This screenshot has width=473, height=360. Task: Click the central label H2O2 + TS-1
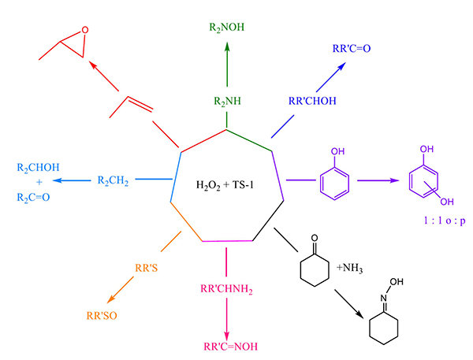tap(225, 185)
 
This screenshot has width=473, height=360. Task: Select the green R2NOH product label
tap(227, 28)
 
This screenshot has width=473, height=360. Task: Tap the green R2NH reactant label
tap(228, 102)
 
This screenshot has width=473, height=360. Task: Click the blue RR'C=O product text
tap(352, 49)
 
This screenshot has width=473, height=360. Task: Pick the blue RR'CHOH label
tap(312, 101)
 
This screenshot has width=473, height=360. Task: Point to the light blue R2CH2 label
tap(113, 180)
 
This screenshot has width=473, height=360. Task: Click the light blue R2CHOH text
tap(38, 168)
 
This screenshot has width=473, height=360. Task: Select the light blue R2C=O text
tap(33, 198)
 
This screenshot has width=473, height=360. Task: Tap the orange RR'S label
tap(147, 268)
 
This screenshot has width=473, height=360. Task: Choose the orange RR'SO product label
tap(102, 316)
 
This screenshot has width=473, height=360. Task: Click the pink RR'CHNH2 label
tap(226, 289)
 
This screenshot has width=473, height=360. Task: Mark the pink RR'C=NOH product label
tap(231, 347)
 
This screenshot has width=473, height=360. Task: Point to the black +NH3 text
tap(349, 268)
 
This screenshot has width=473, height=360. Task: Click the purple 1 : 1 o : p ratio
tap(445, 221)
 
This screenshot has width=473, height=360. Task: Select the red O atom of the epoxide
tap(85, 30)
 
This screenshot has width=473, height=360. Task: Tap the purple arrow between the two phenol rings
tap(378, 180)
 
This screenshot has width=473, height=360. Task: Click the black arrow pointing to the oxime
tap(348, 304)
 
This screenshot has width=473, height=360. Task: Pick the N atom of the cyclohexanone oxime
tap(383, 299)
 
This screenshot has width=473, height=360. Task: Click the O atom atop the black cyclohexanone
tap(315, 238)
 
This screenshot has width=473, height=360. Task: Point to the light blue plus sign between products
tap(39, 183)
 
